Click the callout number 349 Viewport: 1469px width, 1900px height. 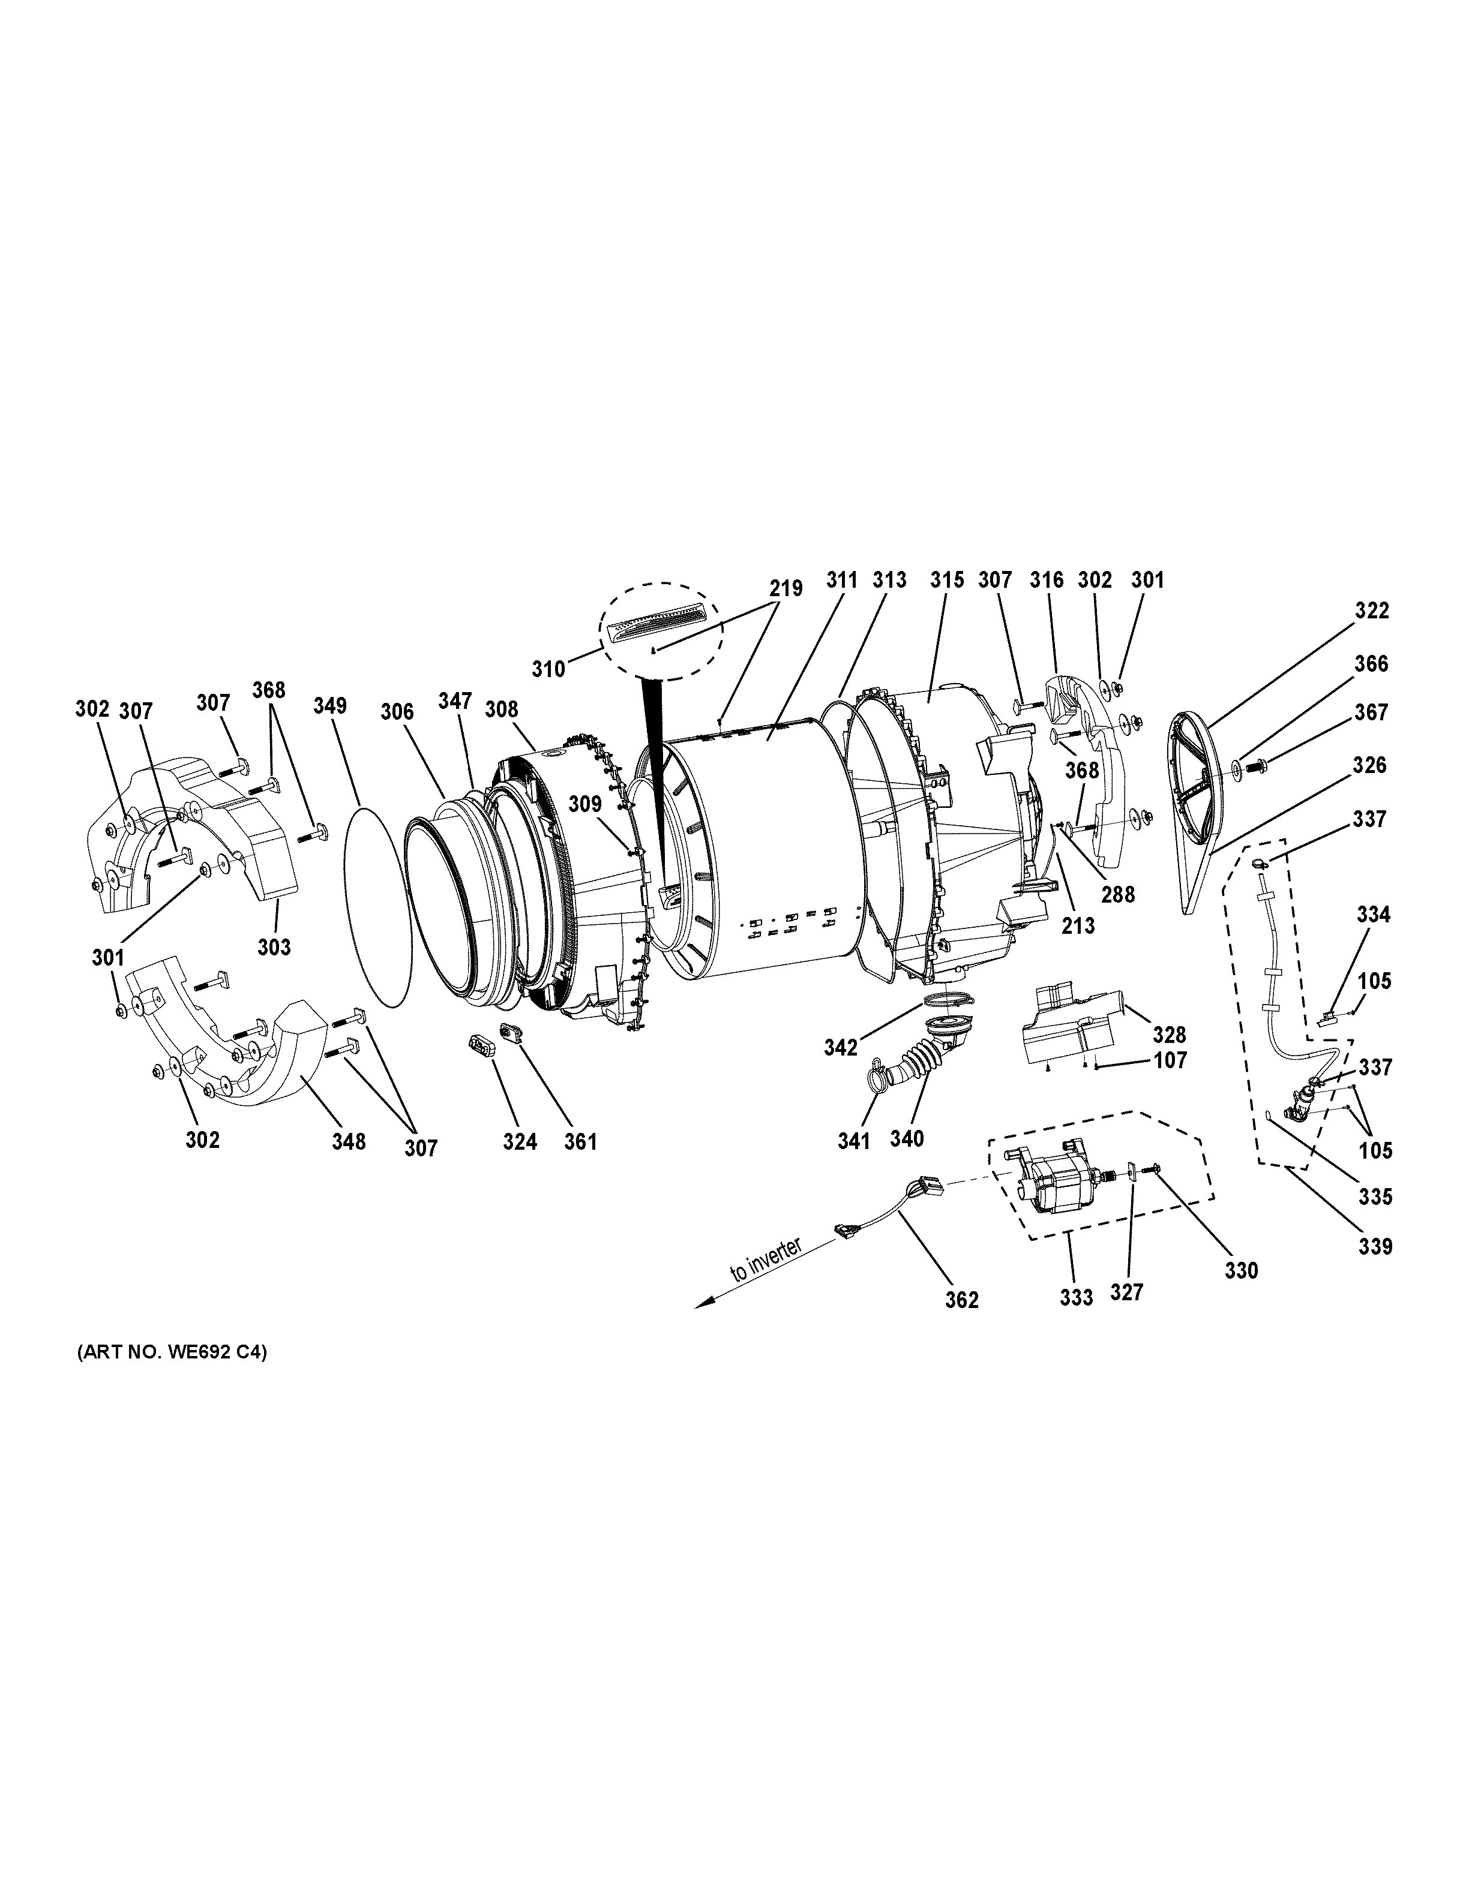(x=331, y=705)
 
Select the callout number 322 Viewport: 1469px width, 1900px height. (x=1372, y=611)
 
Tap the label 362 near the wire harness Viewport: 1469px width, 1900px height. (x=962, y=1300)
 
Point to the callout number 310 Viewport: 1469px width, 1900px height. (x=549, y=669)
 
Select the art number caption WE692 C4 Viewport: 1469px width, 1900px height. (x=172, y=1353)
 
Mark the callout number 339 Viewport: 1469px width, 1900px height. (x=1375, y=1247)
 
